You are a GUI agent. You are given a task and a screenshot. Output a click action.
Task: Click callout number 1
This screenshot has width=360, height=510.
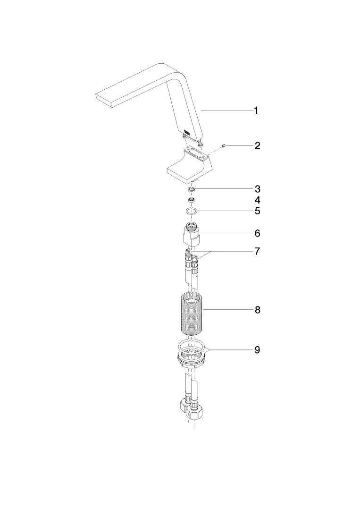[256, 110]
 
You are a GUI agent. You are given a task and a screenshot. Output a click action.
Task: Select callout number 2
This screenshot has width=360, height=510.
[257, 145]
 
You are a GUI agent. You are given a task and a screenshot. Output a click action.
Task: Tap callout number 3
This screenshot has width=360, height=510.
[257, 188]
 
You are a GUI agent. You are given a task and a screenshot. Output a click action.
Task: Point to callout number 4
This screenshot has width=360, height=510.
[257, 200]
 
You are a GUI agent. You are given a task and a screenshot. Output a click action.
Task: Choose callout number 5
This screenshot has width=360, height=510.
[257, 211]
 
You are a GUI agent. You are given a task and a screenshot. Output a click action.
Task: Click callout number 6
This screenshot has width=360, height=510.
[257, 233]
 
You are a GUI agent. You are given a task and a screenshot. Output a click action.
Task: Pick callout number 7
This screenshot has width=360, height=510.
[257, 251]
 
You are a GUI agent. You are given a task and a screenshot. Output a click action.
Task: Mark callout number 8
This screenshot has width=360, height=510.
[257, 310]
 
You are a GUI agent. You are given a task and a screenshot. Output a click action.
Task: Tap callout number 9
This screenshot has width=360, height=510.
[257, 350]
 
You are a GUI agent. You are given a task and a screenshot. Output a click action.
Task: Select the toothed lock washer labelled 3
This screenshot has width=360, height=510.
[192, 189]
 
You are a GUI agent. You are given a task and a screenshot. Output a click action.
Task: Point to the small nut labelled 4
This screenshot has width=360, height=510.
[192, 200]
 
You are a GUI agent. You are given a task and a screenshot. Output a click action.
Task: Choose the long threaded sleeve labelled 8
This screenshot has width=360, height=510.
[192, 313]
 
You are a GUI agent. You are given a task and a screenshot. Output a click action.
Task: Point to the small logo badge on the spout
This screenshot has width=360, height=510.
[188, 131]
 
